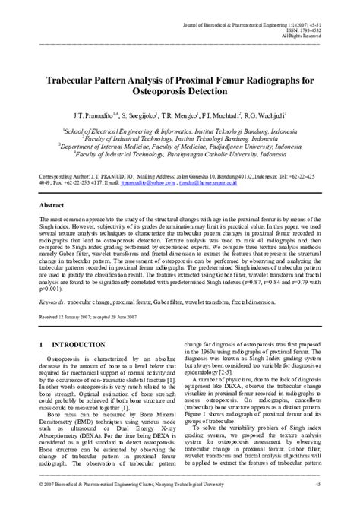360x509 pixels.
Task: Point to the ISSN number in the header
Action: [302, 30]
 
